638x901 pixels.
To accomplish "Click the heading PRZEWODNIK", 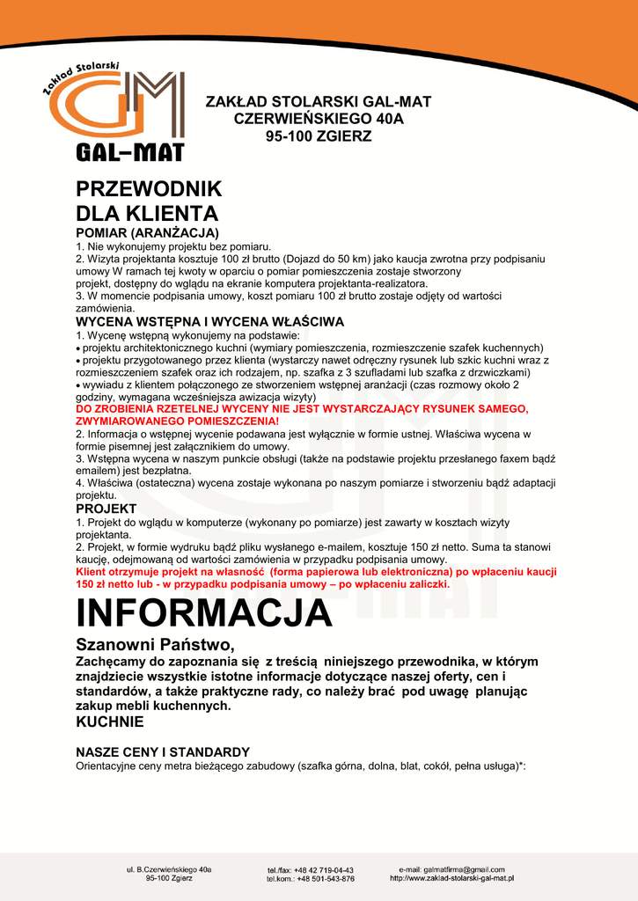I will click(149, 189).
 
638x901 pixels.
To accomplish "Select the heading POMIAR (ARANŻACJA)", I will click(147, 232).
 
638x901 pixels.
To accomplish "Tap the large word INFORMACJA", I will click(204, 612).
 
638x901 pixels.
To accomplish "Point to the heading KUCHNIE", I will click(109, 722).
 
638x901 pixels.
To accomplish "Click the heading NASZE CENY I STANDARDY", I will click(163, 752).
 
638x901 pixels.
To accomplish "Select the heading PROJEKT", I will click(106, 509).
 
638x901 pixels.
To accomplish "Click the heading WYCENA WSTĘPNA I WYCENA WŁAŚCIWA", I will click(209, 322).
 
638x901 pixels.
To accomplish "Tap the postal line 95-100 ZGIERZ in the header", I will click(319, 136).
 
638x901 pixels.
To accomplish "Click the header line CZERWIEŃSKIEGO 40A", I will click(319, 119).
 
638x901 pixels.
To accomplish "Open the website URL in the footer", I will click(451, 878).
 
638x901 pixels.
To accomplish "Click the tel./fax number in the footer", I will click(310, 869).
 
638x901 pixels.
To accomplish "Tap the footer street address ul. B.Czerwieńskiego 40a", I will click(169, 869).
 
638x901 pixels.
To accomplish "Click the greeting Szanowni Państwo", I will click(155, 645).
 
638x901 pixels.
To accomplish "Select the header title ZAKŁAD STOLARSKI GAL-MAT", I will click(318, 101).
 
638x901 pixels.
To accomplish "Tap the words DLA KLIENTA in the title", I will click(147, 214).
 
